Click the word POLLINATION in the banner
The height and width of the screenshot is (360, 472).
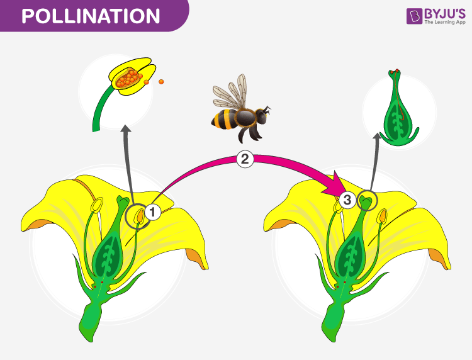(x=91, y=16)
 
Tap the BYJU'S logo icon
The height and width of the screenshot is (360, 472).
(x=414, y=16)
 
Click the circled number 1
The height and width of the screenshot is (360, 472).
(x=153, y=212)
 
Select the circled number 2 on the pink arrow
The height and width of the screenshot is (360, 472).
(x=245, y=159)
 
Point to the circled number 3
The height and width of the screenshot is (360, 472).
(x=347, y=200)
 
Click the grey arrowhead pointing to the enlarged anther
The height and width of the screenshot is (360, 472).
(x=126, y=129)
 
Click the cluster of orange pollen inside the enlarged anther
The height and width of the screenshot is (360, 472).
(x=128, y=78)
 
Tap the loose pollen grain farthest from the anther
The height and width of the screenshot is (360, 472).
(x=161, y=82)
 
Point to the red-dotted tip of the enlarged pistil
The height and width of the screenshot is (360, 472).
(x=394, y=72)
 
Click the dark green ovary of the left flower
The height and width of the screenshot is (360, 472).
(x=108, y=254)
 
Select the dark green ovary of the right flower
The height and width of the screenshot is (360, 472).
(x=351, y=254)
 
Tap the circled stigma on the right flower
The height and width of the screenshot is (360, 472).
(x=367, y=200)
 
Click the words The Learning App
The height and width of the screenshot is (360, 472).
(x=445, y=22)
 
